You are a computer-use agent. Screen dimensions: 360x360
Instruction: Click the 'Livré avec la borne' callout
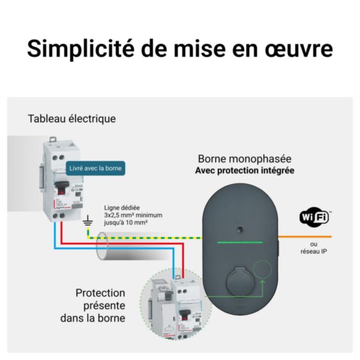96,169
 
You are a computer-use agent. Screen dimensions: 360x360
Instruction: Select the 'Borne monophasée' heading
245,159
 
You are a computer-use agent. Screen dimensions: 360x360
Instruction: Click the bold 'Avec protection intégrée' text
245,171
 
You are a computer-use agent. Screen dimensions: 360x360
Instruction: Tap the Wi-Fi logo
314,217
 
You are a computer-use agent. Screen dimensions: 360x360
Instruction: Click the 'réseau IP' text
314,252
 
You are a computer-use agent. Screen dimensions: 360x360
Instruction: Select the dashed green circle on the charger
262,271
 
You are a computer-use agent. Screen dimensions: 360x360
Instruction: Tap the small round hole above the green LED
239,229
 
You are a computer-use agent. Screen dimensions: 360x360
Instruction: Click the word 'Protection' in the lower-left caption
100,293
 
